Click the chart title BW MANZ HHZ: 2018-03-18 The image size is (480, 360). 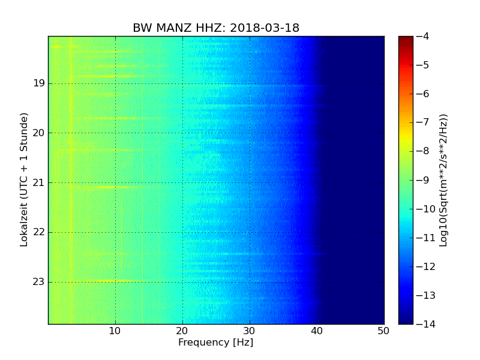[x=216, y=28]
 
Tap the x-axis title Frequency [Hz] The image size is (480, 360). [x=215, y=343]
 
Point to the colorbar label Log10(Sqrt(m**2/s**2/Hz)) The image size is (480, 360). [x=444, y=180]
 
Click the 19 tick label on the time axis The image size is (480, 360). [x=39, y=83]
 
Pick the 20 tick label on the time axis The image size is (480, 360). [x=39, y=133]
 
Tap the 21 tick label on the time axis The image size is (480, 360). [x=39, y=182]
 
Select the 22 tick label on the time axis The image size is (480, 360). [x=39, y=232]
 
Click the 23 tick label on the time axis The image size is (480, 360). [x=39, y=281]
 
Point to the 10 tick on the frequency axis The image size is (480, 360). [x=115, y=331]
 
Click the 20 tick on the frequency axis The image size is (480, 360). [x=182, y=331]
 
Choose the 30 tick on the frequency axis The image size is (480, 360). [x=250, y=331]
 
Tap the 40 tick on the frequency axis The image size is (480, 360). [x=317, y=331]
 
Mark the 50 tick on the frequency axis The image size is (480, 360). [x=383, y=331]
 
